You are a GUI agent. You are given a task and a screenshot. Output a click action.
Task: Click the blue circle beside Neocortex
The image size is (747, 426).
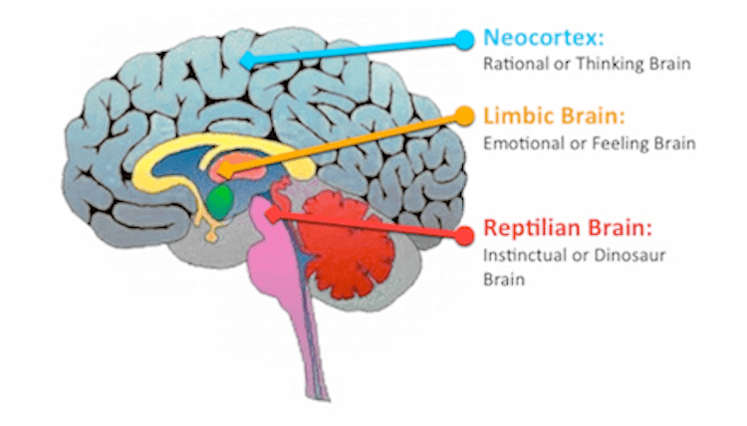coord(463,39)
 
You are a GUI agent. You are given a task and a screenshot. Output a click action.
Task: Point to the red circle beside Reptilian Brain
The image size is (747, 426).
coord(462,233)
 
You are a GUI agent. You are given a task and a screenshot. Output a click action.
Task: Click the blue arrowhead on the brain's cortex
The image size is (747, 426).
coord(248,62)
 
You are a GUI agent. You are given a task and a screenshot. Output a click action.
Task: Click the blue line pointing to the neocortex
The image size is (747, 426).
coord(359,50)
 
